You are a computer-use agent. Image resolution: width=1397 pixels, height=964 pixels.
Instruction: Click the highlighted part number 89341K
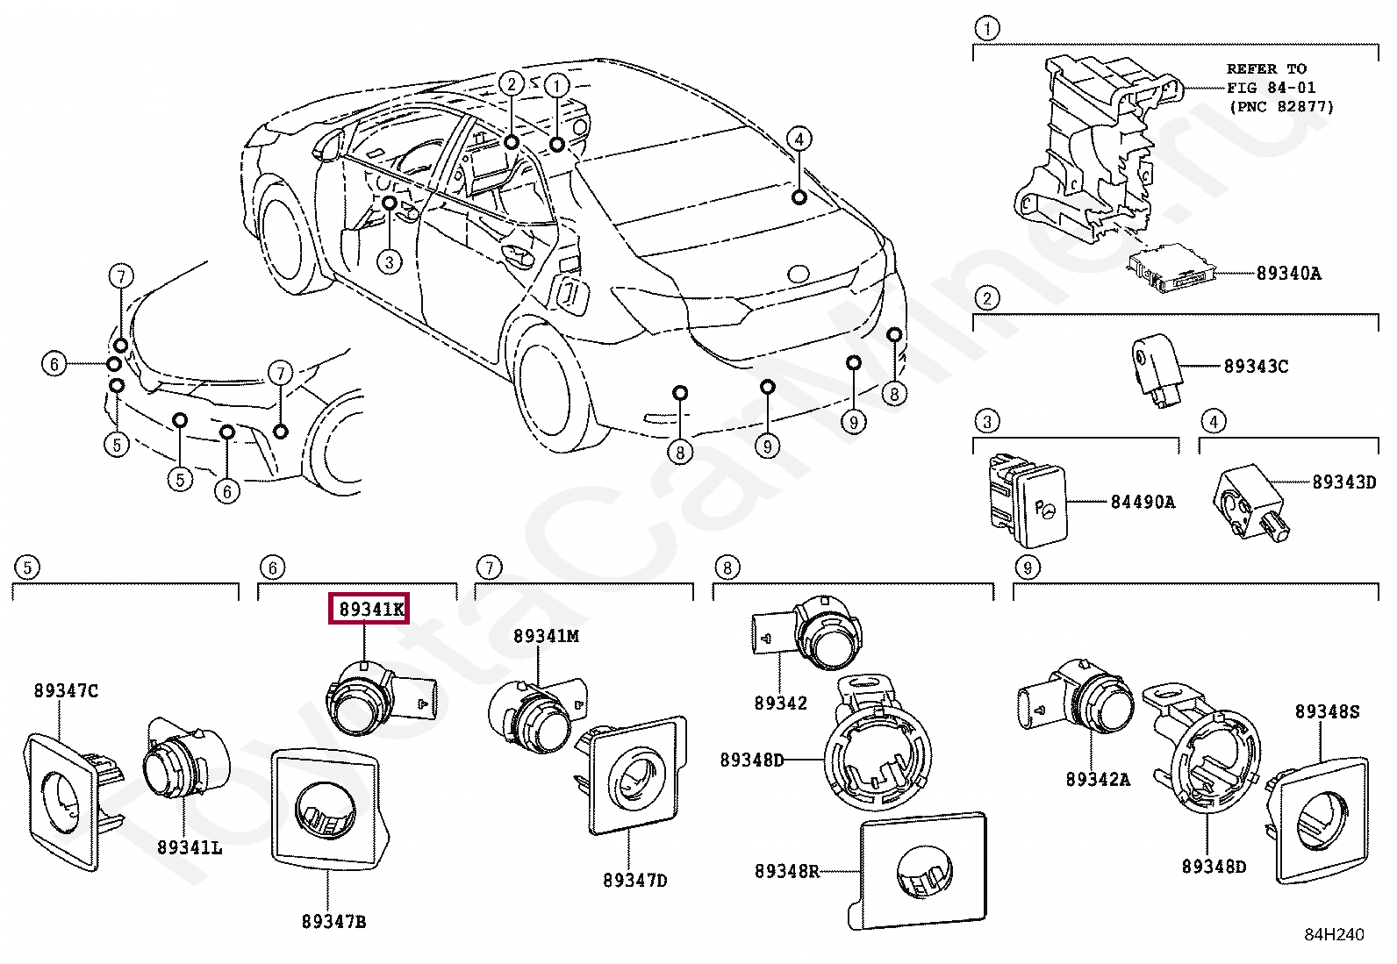(x=369, y=609)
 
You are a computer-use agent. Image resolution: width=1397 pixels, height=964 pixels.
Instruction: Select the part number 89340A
(x=1288, y=274)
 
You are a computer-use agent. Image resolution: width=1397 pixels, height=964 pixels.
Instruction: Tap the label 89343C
(x=1256, y=366)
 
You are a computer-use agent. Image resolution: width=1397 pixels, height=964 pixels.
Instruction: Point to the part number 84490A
(x=1143, y=502)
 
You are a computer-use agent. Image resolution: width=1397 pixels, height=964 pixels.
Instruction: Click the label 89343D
(x=1344, y=482)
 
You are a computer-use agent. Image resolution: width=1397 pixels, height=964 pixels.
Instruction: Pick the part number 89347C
(x=66, y=691)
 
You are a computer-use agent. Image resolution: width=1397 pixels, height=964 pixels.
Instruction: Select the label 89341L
(x=190, y=848)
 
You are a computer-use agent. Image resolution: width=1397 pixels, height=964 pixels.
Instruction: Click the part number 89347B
(x=333, y=922)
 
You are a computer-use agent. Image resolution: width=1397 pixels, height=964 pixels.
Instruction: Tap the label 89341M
(x=547, y=636)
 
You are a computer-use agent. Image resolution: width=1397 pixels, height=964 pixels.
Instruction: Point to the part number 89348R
(x=787, y=871)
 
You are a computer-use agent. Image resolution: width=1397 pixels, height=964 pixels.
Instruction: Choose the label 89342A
(x=1099, y=780)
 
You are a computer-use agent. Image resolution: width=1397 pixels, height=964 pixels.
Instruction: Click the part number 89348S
(x=1327, y=711)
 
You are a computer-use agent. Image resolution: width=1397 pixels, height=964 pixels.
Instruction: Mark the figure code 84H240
(x=1334, y=934)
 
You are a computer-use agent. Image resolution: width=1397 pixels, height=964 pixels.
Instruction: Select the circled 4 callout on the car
(x=799, y=139)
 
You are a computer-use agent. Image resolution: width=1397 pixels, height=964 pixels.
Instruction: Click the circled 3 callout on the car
(x=389, y=261)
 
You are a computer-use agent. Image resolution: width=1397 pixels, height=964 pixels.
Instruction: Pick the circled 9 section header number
(x=1028, y=568)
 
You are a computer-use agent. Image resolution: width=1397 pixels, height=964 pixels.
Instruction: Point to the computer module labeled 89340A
(x=1171, y=269)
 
